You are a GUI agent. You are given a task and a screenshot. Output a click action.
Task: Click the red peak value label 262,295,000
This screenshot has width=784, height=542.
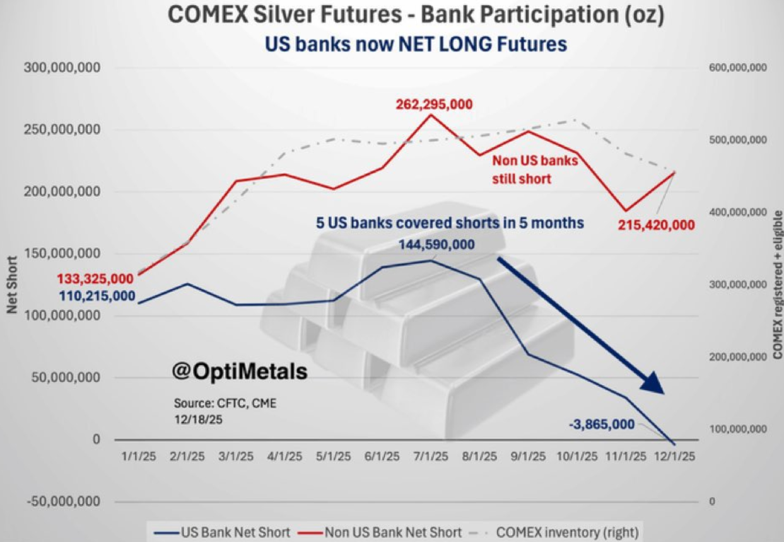(433, 105)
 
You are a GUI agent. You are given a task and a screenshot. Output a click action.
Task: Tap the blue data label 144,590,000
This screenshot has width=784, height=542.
(437, 245)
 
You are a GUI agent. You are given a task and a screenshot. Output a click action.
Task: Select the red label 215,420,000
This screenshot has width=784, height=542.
(657, 224)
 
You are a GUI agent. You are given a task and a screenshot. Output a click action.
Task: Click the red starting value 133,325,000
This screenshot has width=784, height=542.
(95, 279)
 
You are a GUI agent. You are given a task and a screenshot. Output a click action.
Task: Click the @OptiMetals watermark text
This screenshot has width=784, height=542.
(240, 372)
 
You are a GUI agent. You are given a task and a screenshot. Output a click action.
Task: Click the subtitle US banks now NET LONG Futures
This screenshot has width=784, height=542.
(415, 44)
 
